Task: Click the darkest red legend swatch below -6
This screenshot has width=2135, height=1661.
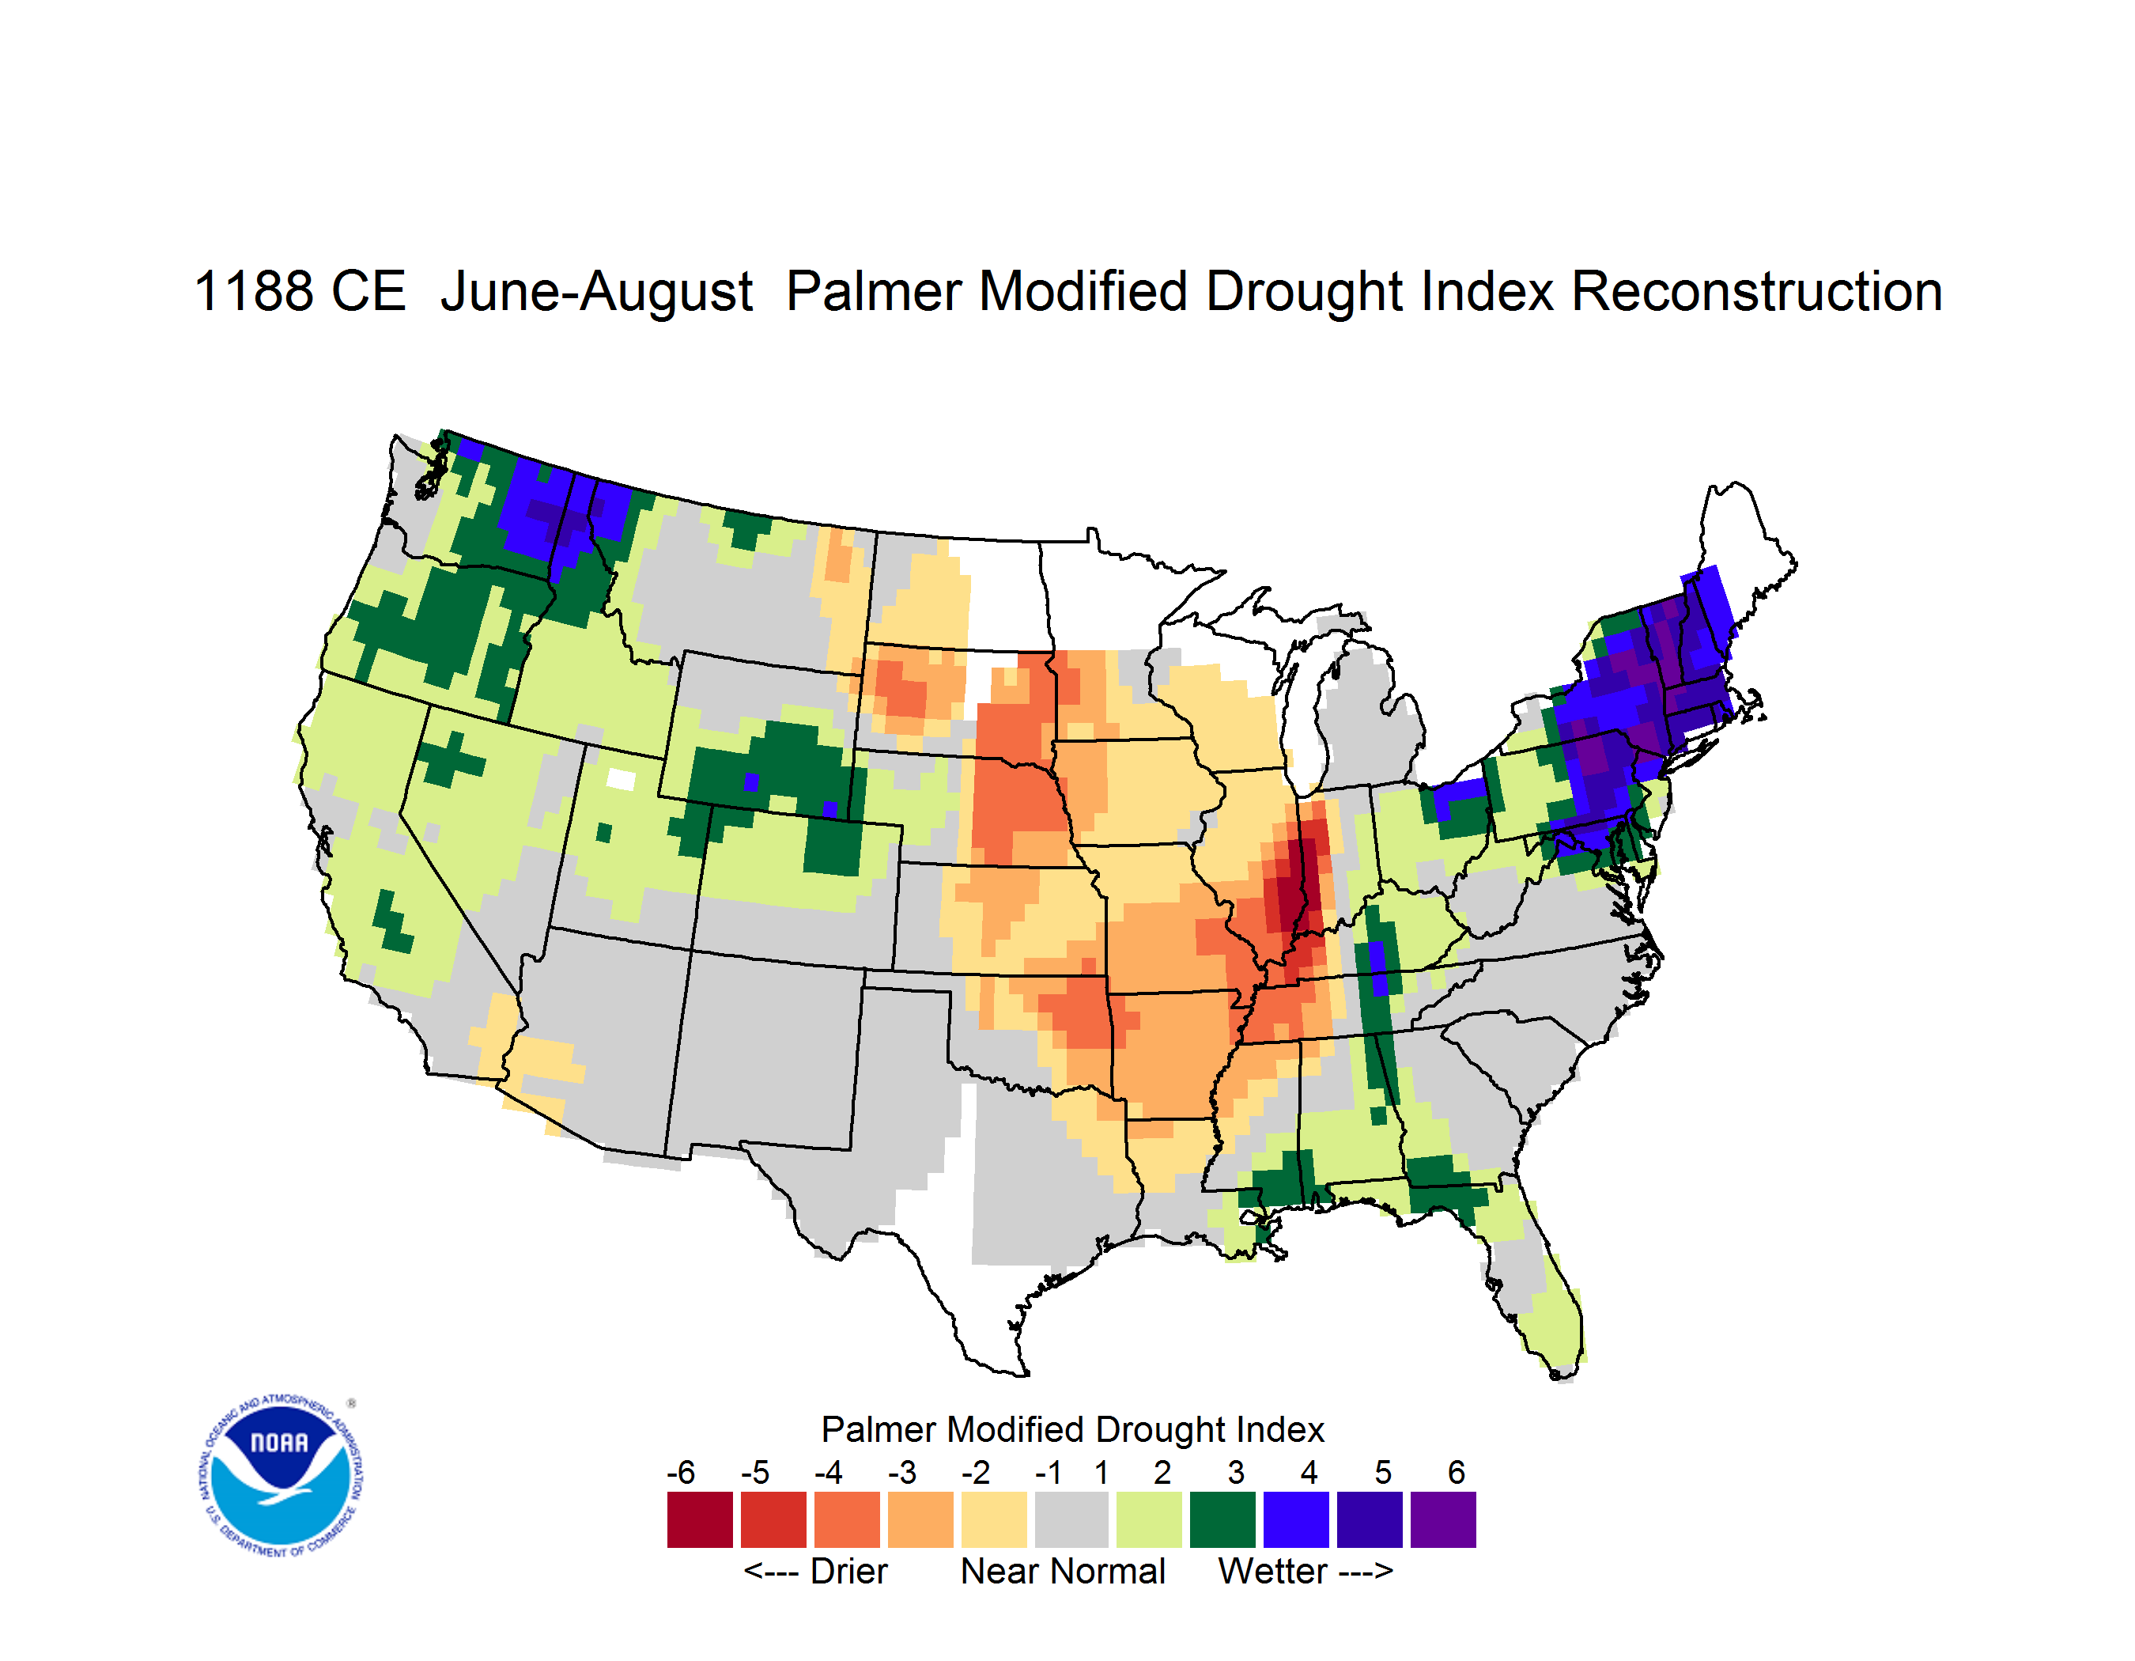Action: [699, 1519]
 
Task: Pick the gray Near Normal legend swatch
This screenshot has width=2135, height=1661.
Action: [1071, 1519]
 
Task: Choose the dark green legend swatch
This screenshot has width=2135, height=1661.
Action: [1222, 1519]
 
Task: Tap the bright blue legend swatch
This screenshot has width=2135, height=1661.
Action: [1295, 1519]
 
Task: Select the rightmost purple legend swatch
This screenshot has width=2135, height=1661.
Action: [1443, 1519]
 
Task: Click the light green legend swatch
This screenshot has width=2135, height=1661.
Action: [1149, 1519]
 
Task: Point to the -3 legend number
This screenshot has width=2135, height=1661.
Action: [901, 1471]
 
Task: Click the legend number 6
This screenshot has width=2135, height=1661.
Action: [1457, 1471]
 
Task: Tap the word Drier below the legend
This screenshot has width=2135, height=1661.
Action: [848, 1571]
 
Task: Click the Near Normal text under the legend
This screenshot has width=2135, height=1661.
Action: [1063, 1571]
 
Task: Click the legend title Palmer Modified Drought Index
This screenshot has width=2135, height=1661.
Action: [1072, 1429]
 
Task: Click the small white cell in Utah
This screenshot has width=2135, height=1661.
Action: [621, 779]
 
